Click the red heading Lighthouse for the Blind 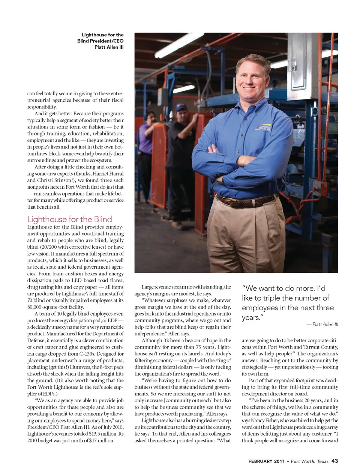coord(69,219)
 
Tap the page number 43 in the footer coord(334,461)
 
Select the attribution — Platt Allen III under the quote coord(322,324)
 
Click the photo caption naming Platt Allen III coord(100,41)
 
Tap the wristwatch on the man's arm coord(223,179)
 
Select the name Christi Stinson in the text coord(52,180)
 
